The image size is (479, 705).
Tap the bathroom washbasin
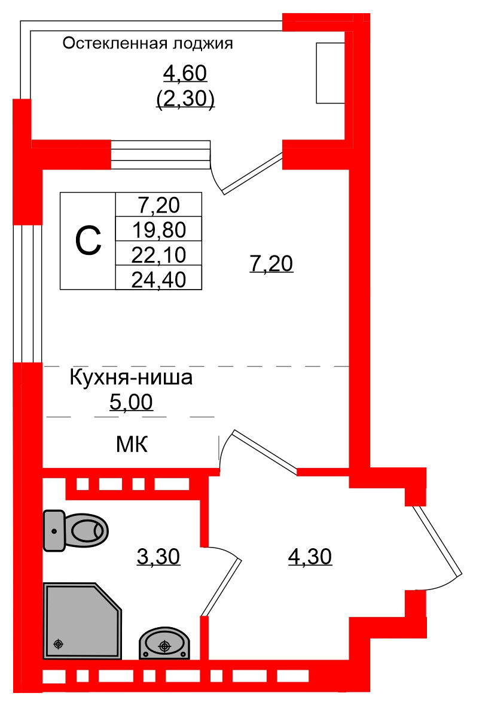click(164, 643)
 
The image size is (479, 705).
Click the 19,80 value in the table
click(158, 229)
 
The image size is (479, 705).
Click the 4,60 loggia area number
click(185, 74)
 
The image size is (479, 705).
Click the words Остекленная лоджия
click(147, 44)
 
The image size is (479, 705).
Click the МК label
click(131, 445)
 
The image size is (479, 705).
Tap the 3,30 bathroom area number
click(158, 557)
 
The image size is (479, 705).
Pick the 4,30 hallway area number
click(310, 557)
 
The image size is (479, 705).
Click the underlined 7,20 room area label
click(271, 263)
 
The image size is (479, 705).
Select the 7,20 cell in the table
click(158, 205)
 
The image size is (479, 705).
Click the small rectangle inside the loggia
click(330, 73)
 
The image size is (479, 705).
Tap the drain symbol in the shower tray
click(58, 644)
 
